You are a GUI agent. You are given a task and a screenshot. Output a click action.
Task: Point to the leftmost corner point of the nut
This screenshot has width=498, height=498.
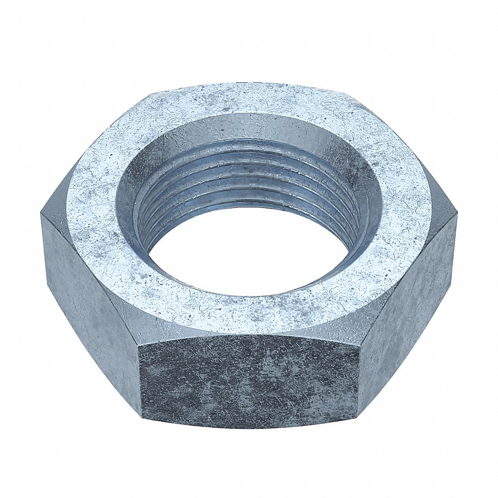(x=41, y=214)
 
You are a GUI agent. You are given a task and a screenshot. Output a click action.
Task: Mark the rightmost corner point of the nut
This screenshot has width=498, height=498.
(x=457, y=215)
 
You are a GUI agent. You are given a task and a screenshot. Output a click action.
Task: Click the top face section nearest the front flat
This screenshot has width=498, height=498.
(x=249, y=316)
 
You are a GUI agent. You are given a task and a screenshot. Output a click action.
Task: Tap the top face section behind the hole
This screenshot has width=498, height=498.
(x=249, y=100)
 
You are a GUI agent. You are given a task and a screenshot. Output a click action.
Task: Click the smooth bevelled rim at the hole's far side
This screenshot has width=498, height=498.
(x=249, y=127)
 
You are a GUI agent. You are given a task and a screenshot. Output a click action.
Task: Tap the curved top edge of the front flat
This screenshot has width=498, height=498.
(x=249, y=335)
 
